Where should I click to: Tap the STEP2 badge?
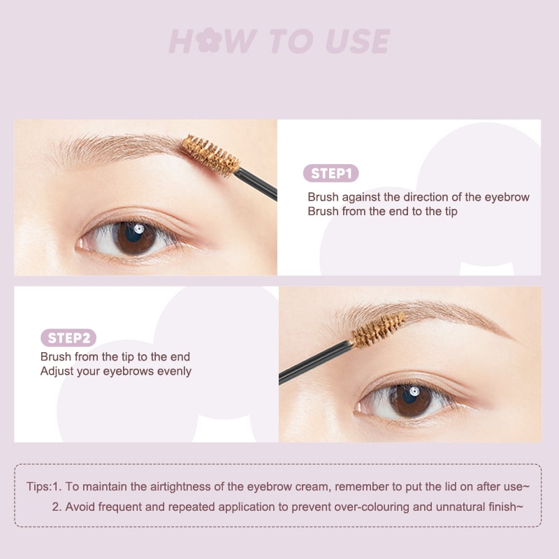click(x=68, y=338)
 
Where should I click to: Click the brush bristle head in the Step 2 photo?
click(x=378, y=331)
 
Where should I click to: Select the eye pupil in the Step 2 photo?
click(x=410, y=400)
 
